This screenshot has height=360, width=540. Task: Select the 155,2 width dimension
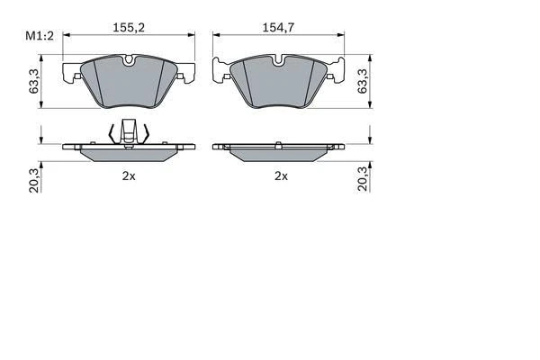(x=129, y=28)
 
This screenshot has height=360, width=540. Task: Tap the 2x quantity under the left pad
(x=129, y=176)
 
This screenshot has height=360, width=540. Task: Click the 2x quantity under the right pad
(x=281, y=176)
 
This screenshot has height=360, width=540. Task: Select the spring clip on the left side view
(x=128, y=132)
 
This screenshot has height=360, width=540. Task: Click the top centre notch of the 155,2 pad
(x=128, y=61)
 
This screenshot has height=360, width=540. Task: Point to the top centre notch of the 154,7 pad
(x=280, y=61)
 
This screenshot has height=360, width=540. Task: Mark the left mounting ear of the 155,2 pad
(x=71, y=73)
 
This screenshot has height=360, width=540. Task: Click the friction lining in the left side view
(x=128, y=154)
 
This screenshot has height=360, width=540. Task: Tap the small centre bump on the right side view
(x=280, y=142)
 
